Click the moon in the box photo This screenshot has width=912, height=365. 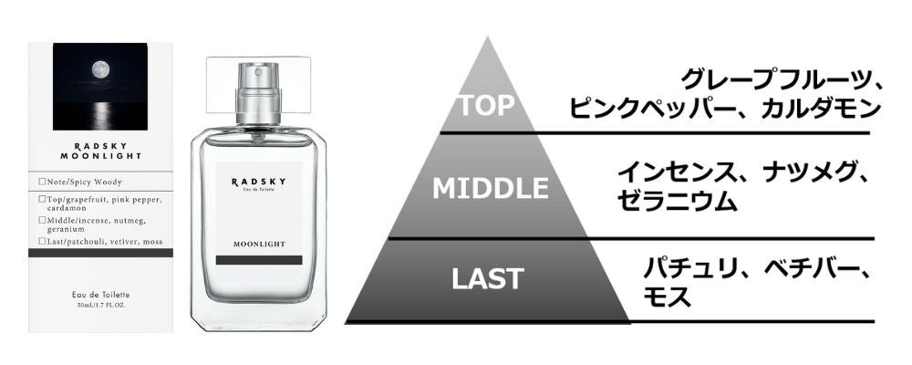coord(99,69)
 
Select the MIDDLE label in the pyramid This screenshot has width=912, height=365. coord(490,188)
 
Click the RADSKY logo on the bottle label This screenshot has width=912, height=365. coord(258,182)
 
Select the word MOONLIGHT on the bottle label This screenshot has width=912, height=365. coord(258,245)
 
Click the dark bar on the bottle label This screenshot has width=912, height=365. coord(258,260)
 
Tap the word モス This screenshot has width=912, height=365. coord(666,297)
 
